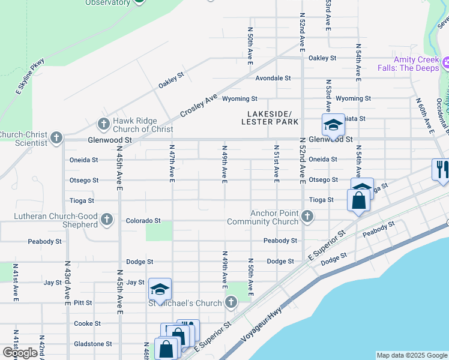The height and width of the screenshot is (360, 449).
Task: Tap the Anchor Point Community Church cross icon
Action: pos(307,217)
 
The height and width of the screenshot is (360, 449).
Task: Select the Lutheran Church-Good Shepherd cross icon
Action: pos(107,219)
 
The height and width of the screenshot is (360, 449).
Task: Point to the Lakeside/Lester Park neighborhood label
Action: pos(270,118)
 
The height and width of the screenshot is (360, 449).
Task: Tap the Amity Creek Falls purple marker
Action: pos(445,63)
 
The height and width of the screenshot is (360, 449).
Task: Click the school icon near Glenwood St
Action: pos(333,125)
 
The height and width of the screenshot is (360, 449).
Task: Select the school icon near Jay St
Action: pos(160,290)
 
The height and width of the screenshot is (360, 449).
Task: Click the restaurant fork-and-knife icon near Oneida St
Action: pos(441,169)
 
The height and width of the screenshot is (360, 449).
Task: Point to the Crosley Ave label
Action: pos(198,106)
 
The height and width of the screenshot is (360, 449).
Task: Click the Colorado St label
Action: pos(143,221)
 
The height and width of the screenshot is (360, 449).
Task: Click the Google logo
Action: pos(20,352)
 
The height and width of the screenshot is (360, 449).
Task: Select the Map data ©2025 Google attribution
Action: pos(412,355)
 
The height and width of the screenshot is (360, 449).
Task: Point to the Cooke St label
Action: pos(87,323)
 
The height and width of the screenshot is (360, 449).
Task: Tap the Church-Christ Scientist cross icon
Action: pos(56,138)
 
